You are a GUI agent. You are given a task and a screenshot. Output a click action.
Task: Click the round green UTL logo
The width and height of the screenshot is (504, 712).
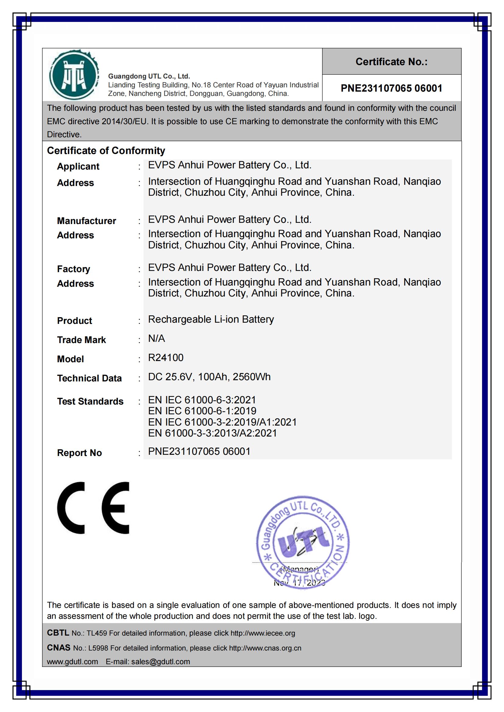click(74, 75)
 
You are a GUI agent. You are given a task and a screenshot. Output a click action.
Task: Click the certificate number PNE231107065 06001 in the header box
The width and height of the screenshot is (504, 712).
click(391, 88)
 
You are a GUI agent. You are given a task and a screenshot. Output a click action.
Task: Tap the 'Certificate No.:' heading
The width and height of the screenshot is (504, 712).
click(391, 62)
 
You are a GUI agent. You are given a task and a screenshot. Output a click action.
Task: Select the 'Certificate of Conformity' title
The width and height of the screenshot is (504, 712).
click(106, 151)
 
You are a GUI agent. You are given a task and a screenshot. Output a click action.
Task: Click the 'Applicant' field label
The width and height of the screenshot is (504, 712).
click(78, 167)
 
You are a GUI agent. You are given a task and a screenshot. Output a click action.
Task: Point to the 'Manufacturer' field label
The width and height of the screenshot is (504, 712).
click(86, 221)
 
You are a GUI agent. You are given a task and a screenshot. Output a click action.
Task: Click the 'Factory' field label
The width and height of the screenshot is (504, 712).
click(73, 269)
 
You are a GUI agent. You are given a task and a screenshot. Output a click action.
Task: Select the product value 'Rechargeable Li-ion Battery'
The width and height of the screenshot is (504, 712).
click(211, 319)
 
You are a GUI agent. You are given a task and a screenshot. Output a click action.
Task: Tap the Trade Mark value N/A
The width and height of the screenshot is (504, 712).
click(156, 338)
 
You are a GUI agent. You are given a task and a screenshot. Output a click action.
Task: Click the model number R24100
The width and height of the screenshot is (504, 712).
click(166, 358)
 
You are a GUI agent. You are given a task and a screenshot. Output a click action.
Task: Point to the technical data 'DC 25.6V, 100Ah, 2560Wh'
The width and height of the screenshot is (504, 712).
click(209, 377)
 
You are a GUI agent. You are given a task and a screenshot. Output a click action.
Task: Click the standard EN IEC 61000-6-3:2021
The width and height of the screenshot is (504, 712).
click(202, 400)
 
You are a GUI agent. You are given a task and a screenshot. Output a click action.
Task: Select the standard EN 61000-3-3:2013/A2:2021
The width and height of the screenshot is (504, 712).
click(212, 433)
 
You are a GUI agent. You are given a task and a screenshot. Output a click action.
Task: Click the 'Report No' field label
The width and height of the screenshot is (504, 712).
click(80, 453)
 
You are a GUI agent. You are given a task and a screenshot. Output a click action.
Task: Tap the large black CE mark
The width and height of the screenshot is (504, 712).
click(93, 508)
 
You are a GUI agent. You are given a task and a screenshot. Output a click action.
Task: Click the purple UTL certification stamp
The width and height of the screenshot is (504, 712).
click(303, 542)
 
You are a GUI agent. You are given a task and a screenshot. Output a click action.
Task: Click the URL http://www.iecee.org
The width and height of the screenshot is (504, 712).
click(263, 633)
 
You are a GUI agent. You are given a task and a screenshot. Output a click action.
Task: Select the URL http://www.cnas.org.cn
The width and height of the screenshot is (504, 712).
click(265, 648)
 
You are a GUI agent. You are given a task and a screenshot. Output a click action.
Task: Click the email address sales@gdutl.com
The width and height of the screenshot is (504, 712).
click(161, 661)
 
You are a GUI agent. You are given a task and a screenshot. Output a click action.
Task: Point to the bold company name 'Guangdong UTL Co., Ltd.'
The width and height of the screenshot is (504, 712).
click(149, 76)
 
